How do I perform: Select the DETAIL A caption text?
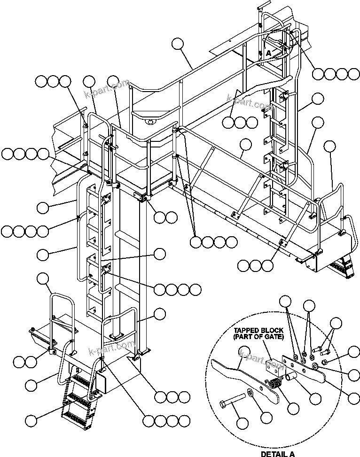coord(277,454)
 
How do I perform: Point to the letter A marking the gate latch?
coord(268,53)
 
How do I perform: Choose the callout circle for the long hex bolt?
coord(243,423)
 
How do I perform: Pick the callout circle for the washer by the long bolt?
coord(266,417)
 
